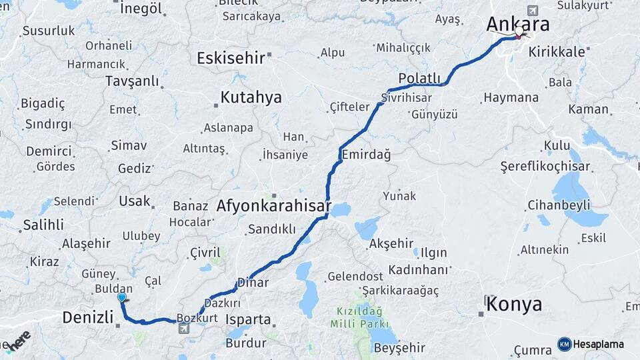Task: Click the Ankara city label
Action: [x=518, y=24]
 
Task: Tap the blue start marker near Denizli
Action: [x=121, y=297]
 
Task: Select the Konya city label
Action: [x=514, y=305]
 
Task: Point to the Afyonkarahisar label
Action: [x=273, y=207]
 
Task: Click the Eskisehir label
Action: [x=231, y=58]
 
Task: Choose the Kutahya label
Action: [x=251, y=97]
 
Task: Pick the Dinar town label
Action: [x=253, y=283]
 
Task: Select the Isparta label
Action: [x=248, y=319]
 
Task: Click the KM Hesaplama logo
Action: [x=591, y=344]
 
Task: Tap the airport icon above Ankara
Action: [x=532, y=10]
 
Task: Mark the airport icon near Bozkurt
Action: [x=183, y=328]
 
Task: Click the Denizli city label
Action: [x=88, y=317]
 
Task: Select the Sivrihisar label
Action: [x=407, y=97]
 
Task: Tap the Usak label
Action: [x=134, y=201]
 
